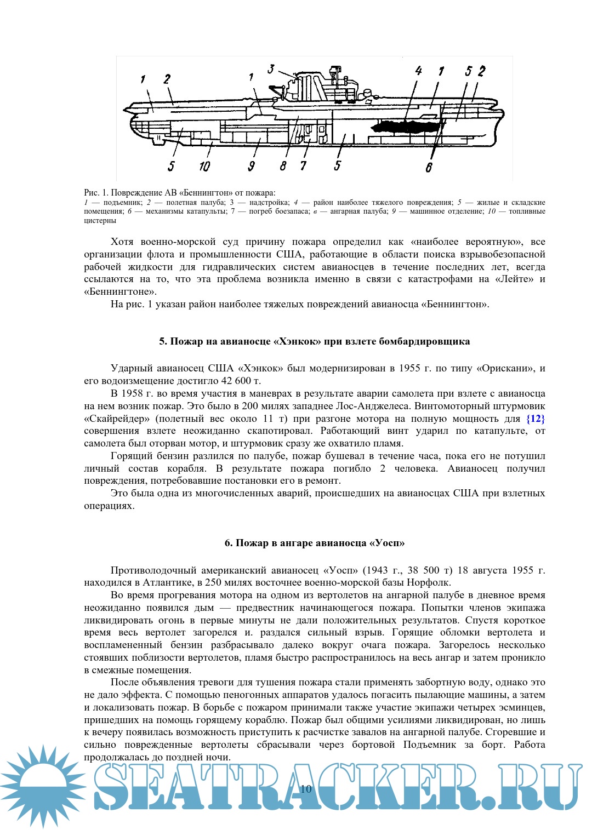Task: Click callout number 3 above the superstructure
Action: click(271, 69)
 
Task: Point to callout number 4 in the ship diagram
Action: click(418, 71)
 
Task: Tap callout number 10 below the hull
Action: click(204, 166)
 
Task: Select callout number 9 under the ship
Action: click(251, 166)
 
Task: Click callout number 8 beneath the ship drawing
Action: click(283, 166)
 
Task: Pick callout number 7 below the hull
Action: click(303, 166)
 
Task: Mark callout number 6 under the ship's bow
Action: click(429, 168)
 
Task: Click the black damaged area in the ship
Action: click(406, 127)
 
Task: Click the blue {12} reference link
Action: click(535, 419)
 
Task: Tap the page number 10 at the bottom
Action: click(306, 789)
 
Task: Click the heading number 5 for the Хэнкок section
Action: click(162, 341)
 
